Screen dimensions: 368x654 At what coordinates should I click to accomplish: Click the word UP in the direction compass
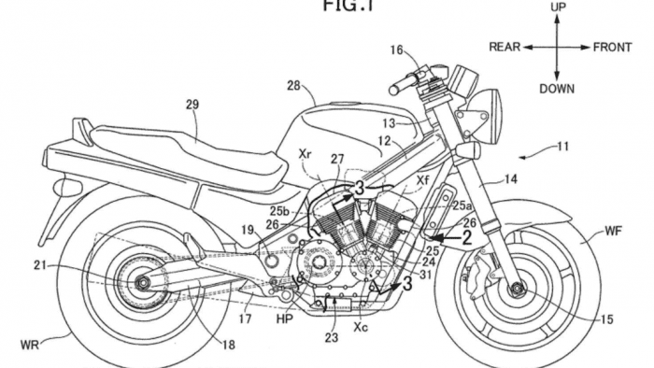click(x=557, y=7)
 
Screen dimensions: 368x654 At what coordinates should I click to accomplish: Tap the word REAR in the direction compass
click(x=504, y=45)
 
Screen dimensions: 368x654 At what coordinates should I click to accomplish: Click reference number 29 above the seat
click(x=192, y=106)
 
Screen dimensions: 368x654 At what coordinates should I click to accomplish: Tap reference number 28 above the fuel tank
click(x=293, y=86)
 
